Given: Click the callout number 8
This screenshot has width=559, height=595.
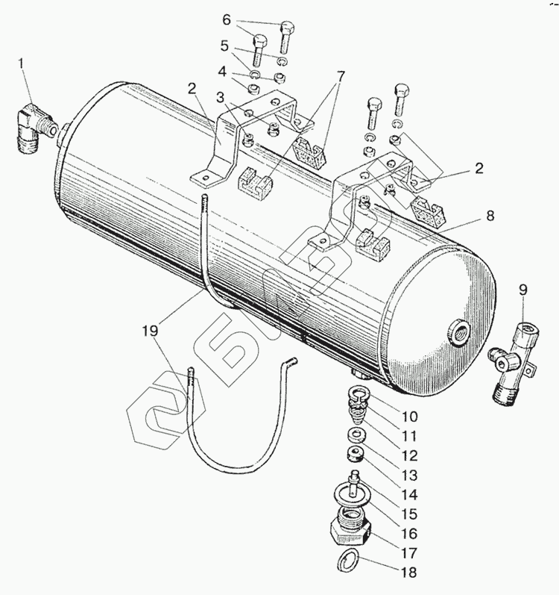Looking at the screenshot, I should (x=489, y=216).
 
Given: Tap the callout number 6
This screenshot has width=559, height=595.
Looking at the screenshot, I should (x=226, y=19).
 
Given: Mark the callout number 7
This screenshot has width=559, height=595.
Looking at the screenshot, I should (x=340, y=76).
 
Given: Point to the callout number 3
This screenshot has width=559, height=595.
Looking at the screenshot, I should (x=220, y=97).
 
